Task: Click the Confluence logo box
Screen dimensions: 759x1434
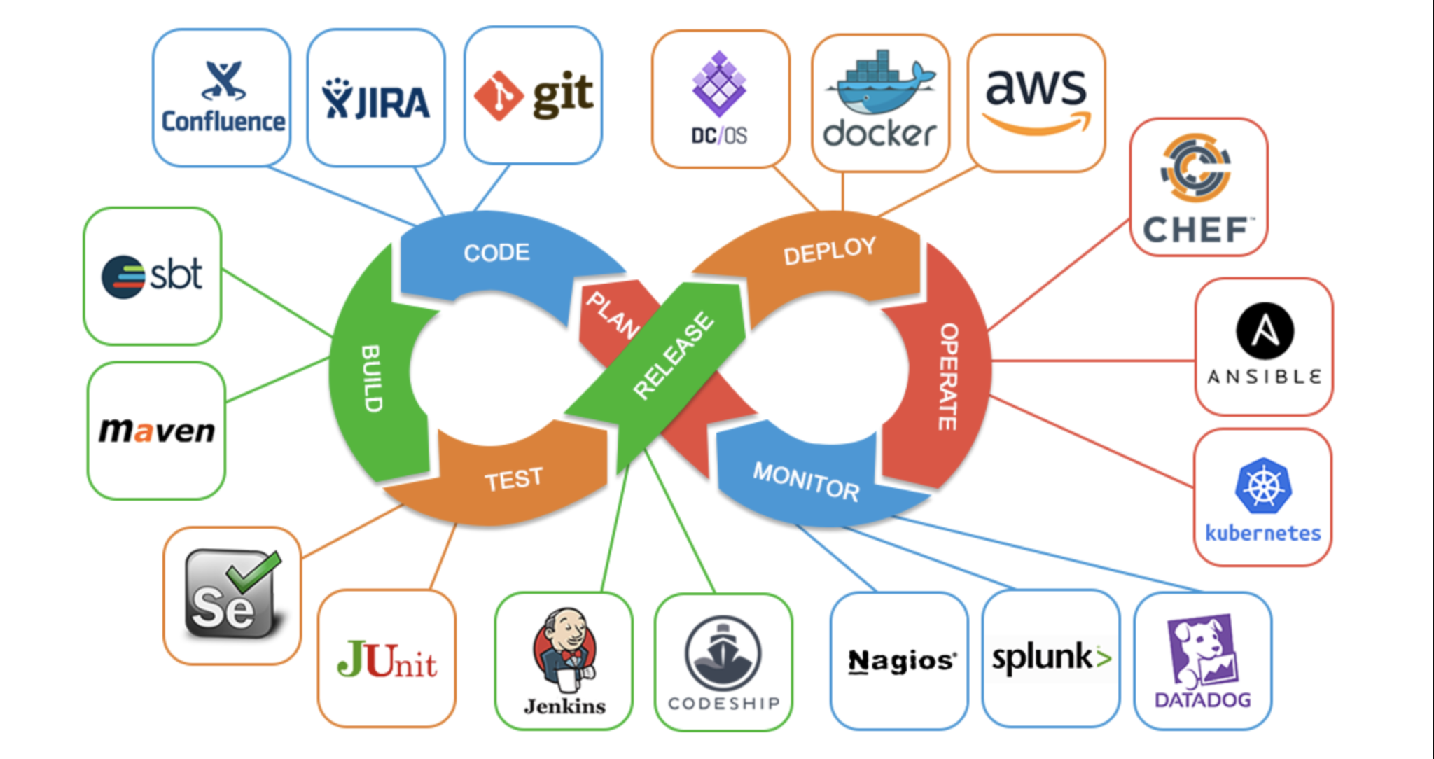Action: tap(222, 98)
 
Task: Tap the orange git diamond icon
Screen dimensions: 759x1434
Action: tap(498, 96)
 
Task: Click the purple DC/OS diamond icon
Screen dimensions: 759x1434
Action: tap(719, 84)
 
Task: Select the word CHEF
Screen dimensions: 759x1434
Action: tap(1195, 230)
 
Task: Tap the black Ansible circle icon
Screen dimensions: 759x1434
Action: tap(1265, 330)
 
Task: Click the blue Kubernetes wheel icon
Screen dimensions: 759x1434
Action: tap(1263, 486)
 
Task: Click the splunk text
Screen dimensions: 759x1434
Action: tap(1042, 657)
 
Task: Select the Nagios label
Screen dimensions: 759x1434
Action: tap(902, 660)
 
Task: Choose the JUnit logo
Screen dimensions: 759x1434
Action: tap(387, 660)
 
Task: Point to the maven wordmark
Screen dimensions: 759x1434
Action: tap(157, 430)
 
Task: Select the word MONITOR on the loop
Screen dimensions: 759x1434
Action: tap(806, 482)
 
